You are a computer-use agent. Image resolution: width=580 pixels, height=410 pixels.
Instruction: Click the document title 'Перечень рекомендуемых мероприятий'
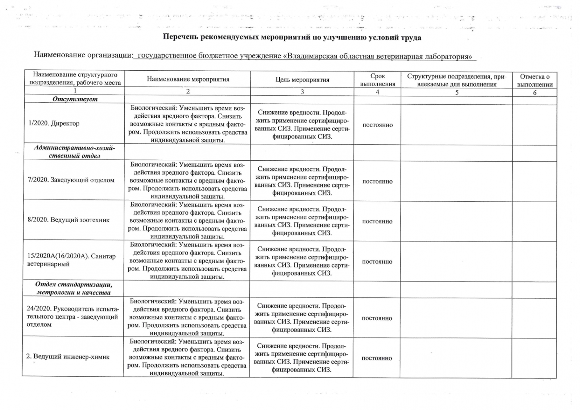[x=292, y=38]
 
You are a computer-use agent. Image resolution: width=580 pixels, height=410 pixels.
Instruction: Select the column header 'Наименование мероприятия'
[x=188, y=79]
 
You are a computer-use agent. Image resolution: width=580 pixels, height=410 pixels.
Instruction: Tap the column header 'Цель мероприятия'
[x=302, y=80]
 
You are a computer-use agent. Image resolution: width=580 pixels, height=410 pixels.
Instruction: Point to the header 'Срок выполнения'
[x=377, y=80]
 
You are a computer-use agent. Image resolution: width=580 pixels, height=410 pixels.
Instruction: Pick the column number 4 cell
[x=377, y=92]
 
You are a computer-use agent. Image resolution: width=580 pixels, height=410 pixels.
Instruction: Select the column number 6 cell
[x=534, y=92]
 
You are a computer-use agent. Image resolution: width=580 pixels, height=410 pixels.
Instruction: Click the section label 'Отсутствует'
[x=75, y=99]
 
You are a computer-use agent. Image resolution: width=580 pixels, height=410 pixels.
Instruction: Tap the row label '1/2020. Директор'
[x=54, y=123]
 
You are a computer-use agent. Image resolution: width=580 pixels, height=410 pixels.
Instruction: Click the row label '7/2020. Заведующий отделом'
[x=71, y=180]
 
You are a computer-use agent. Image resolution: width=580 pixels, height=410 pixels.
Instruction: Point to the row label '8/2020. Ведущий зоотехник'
[x=69, y=220]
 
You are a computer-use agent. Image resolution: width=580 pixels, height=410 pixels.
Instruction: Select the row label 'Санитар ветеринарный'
[x=71, y=260]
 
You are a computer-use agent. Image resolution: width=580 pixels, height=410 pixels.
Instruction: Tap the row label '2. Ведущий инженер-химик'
[x=68, y=356]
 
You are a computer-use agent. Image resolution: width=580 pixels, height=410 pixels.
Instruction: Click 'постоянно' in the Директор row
[x=377, y=125]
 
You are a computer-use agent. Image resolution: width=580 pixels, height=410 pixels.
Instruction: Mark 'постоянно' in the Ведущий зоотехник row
[x=377, y=221]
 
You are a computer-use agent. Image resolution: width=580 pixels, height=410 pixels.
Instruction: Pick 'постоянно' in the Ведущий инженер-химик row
[x=377, y=358]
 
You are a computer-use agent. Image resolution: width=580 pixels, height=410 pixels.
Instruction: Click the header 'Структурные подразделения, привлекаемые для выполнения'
[x=456, y=80]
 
